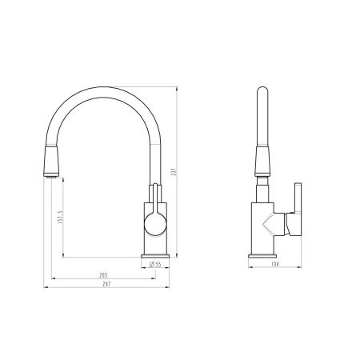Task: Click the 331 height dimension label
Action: (x=174, y=172)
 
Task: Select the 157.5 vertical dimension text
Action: (x=60, y=217)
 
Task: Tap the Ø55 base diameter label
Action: (x=155, y=264)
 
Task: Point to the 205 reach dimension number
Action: (x=103, y=275)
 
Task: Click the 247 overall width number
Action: (x=106, y=284)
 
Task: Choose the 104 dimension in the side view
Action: (x=274, y=264)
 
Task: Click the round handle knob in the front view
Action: (x=155, y=225)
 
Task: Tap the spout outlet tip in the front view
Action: (x=51, y=175)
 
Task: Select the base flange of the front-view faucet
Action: (x=155, y=256)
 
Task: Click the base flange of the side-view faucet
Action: (x=262, y=256)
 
